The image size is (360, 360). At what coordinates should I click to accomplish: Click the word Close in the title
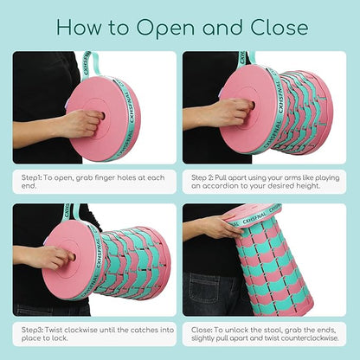click(x=280, y=27)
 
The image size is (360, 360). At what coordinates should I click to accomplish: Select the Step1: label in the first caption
click(x=31, y=178)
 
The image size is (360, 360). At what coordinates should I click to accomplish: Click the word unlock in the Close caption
click(x=236, y=330)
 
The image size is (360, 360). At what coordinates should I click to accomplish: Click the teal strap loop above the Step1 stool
click(x=91, y=65)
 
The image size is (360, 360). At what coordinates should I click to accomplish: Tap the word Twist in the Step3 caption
click(x=54, y=330)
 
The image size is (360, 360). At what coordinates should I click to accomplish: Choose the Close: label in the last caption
click(x=202, y=330)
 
